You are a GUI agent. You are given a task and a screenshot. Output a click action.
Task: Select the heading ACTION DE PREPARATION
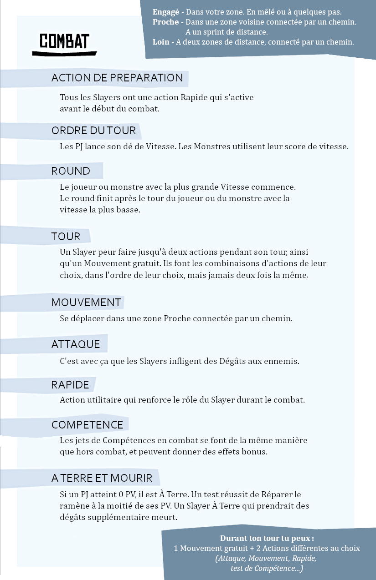[117, 78]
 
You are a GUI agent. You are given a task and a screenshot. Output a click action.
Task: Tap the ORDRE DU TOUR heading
[93, 131]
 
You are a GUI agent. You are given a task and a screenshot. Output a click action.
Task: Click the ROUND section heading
[71, 171]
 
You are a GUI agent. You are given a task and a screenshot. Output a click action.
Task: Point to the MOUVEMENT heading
[86, 303]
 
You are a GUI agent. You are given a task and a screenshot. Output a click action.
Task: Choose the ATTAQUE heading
[76, 344]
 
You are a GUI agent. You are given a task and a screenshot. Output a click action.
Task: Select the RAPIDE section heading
[70, 385]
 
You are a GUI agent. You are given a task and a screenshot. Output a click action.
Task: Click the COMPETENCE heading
[88, 425]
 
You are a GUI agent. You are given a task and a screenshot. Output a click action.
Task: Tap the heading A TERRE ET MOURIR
[102, 478]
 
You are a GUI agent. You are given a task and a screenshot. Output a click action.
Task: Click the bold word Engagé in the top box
[166, 12]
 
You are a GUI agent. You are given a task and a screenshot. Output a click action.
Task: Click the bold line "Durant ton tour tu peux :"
[267, 538]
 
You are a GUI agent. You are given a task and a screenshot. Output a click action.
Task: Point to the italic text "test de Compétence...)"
[267, 568]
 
